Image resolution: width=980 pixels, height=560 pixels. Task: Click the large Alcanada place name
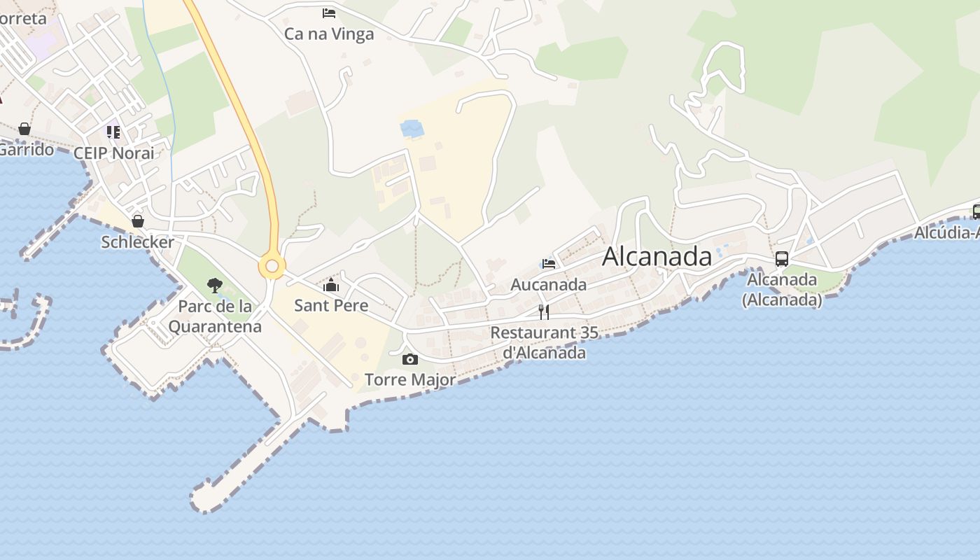(x=657, y=256)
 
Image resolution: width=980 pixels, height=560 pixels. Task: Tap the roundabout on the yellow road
(x=272, y=266)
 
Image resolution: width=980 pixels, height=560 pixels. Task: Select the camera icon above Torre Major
(x=410, y=360)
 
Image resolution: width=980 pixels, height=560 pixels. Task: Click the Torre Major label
(x=410, y=379)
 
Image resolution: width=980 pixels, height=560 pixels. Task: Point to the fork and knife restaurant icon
(x=544, y=312)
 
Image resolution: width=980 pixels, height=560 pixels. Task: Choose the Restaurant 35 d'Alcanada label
(x=545, y=342)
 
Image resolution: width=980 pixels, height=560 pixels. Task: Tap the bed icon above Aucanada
(x=549, y=264)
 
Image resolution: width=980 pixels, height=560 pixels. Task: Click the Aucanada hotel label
(x=549, y=285)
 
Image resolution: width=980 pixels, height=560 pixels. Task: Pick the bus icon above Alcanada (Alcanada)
(x=782, y=259)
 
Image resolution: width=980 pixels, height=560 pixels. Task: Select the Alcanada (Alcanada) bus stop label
(x=782, y=290)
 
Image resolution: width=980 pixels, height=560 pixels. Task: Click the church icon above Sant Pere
(x=331, y=285)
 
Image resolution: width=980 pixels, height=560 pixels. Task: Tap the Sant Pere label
(x=331, y=305)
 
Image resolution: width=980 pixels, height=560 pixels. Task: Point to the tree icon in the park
(x=215, y=286)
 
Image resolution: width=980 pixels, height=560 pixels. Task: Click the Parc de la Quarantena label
(x=215, y=316)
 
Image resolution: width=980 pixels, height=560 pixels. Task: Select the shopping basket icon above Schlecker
(x=138, y=221)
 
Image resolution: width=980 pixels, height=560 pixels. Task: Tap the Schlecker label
(x=138, y=242)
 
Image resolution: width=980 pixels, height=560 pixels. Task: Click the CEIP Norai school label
(x=114, y=153)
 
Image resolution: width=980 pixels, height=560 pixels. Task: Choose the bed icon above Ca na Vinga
(x=329, y=13)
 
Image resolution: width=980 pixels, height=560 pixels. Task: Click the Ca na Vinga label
(x=329, y=34)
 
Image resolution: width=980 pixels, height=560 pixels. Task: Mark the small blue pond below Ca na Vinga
(x=412, y=128)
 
